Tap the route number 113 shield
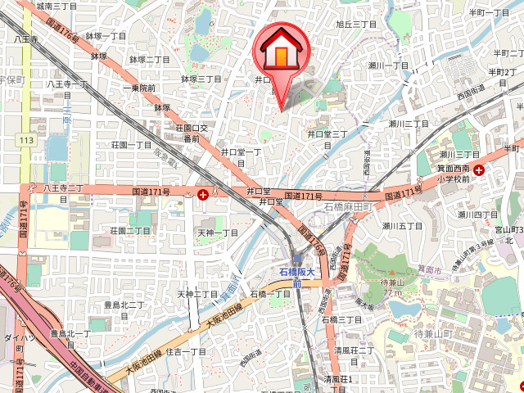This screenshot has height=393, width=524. click(x=27, y=141)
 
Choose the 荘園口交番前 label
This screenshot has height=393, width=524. click(x=192, y=133)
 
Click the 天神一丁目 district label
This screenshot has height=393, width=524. click(x=218, y=233)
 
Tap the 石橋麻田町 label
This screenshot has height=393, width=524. click(x=347, y=207)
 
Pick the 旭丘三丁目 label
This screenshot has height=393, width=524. click(x=356, y=25)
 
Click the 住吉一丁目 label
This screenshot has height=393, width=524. click(x=186, y=351)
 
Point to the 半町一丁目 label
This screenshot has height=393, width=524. click(x=489, y=12)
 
